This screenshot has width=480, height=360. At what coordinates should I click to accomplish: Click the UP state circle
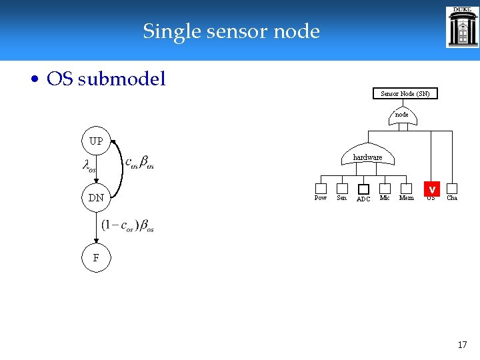point(96,141)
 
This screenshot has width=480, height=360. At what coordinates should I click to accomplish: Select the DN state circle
point(96,197)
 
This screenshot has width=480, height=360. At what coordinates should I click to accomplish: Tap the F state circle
point(96,257)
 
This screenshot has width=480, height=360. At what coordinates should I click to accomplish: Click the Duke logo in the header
point(461,27)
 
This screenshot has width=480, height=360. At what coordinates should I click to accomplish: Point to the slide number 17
point(462,345)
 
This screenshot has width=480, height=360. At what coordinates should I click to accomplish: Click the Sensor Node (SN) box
point(405,93)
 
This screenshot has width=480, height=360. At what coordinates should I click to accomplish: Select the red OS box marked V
point(431,189)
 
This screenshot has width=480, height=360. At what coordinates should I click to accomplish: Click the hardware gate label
point(367,157)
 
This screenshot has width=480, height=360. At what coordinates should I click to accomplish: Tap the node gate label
point(402,115)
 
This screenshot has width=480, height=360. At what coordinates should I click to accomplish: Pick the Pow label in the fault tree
point(321,198)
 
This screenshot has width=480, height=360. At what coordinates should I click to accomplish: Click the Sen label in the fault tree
point(341,198)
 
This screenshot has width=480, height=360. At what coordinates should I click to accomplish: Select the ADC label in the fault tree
point(363,199)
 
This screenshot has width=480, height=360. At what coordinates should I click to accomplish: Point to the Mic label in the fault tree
point(385,198)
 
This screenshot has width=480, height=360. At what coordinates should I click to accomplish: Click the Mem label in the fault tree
point(406,198)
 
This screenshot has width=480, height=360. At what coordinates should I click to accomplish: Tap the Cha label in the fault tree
point(452,198)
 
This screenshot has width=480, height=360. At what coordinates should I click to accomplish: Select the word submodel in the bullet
point(122,79)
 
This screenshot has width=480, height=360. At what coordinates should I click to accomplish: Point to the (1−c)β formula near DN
point(127,225)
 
